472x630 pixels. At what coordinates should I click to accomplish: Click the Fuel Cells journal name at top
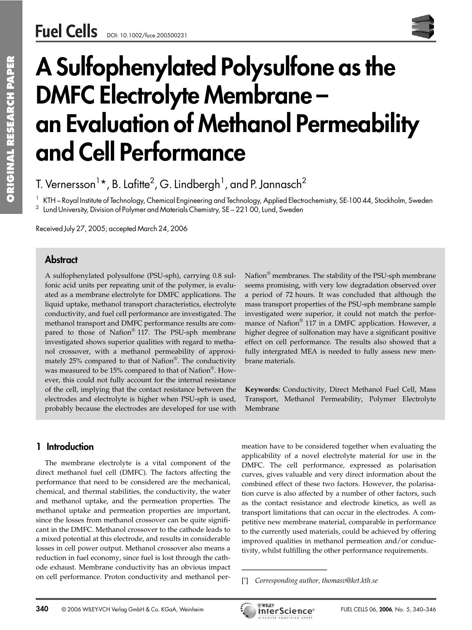[66, 31]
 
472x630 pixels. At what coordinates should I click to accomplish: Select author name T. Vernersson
[65, 185]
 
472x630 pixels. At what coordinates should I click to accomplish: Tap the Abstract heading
[61, 260]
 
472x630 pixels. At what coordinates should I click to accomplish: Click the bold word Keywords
[262, 389]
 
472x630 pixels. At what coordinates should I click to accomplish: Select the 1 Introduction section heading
[65, 447]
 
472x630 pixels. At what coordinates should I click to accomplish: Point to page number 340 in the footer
[42, 609]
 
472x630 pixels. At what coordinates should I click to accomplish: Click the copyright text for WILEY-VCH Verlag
[132, 609]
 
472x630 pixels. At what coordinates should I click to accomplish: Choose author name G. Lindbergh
[190, 185]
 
